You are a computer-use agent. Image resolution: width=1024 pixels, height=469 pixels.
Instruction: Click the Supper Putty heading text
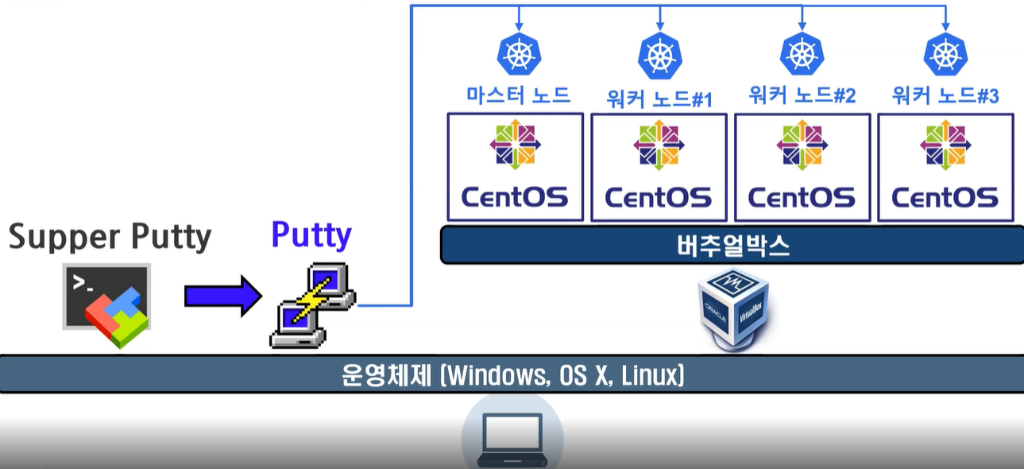[x=110, y=237]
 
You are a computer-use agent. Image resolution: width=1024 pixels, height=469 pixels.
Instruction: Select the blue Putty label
[x=311, y=234]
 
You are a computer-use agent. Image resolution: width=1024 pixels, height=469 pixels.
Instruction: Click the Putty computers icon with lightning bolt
[x=311, y=306]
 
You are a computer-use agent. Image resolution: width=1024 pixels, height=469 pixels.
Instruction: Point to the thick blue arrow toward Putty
[x=222, y=297]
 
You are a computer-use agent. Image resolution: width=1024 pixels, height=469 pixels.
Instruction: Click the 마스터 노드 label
[x=518, y=95]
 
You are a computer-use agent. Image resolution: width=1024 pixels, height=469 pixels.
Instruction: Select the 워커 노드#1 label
[x=659, y=99]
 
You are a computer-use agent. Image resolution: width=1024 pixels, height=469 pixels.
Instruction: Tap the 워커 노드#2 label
[x=802, y=96]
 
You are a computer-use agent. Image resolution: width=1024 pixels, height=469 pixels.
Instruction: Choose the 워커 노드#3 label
[x=945, y=96]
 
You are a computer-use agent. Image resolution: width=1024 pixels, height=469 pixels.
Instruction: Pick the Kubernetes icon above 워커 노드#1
[x=659, y=56]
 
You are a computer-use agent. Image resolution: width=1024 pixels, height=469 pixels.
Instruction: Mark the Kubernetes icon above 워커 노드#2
[x=802, y=53]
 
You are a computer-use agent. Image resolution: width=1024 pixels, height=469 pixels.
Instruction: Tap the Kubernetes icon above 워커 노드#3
[x=945, y=55]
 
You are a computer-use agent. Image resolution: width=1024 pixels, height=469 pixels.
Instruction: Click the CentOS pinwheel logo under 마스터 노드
[x=515, y=144]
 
